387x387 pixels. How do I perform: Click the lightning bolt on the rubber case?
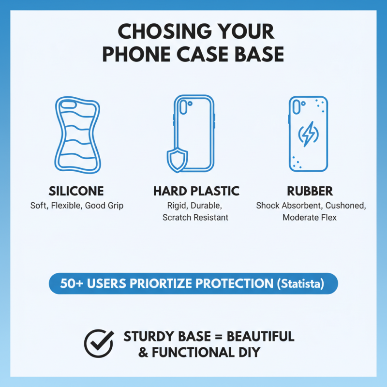click(308, 134)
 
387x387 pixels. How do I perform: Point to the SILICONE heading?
click(76, 191)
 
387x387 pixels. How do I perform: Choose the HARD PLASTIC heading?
click(196, 191)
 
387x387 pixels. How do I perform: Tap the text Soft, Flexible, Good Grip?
click(76, 206)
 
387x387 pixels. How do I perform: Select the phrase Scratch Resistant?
click(195, 218)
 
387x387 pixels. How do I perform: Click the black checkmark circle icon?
click(99, 343)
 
